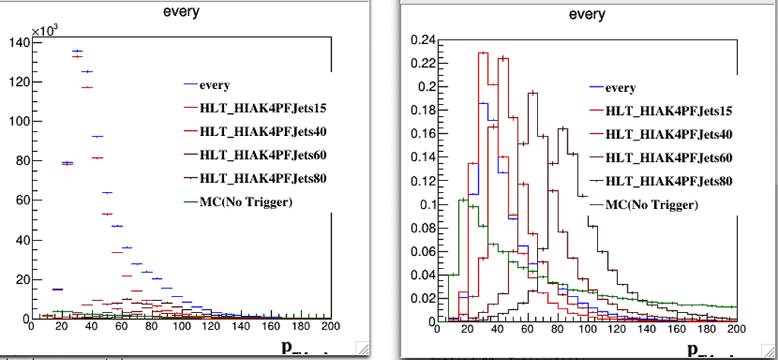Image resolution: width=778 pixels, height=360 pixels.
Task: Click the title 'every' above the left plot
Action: [x=181, y=11]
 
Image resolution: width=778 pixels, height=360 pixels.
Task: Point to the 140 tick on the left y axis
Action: [x=16, y=43]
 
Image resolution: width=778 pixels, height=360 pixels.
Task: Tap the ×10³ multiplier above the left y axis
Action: [x=45, y=30]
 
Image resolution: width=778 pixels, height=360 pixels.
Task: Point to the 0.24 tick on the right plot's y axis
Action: [x=422, y=39]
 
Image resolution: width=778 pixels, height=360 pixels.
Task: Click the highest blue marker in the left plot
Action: [x=77, y=51]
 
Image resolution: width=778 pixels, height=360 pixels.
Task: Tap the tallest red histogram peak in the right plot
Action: [x=482, y=53]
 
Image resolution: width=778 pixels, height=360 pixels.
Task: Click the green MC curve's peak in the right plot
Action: [x=463, y=200]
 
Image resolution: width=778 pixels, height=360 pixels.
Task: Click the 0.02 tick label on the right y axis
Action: [x=422, y=298]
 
